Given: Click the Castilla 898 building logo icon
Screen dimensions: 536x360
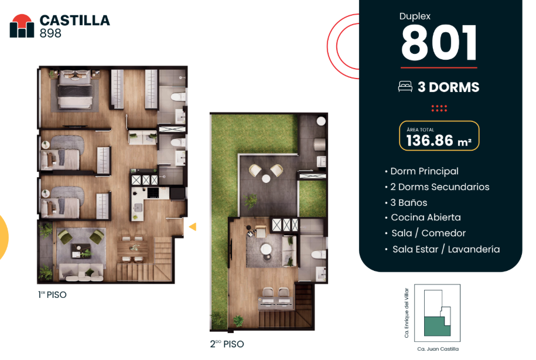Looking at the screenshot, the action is (22, 26).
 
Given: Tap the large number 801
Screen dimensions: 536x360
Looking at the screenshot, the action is (439, 43).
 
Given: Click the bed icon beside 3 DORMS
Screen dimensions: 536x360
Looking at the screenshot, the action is (405, 87).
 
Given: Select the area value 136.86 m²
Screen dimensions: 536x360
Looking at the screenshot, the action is (439, 140).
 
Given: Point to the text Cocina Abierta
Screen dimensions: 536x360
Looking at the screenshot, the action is (426, 218).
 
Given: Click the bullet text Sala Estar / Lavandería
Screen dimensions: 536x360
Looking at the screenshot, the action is (446, 249).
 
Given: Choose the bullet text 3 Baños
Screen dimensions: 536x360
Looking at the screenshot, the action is (408, 203).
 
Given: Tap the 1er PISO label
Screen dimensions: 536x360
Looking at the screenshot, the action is (52, 295).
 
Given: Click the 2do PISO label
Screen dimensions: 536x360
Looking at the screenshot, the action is (227, 344).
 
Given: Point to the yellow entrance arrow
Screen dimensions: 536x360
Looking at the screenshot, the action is (193, 226).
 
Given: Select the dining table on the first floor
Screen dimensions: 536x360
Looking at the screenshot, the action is (132, 247).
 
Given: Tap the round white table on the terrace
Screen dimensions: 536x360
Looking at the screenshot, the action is (266, 178).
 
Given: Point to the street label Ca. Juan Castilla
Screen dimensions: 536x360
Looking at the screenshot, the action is (438, 349).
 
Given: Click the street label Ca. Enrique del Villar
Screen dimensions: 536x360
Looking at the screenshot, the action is (407, 313).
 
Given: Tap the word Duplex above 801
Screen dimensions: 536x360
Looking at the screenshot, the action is (415, 16).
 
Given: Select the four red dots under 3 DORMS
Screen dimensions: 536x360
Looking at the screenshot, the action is (439, 108).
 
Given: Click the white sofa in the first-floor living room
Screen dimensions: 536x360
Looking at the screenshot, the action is (81, 272).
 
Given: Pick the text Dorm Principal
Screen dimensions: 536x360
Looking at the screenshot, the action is (424, 171).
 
